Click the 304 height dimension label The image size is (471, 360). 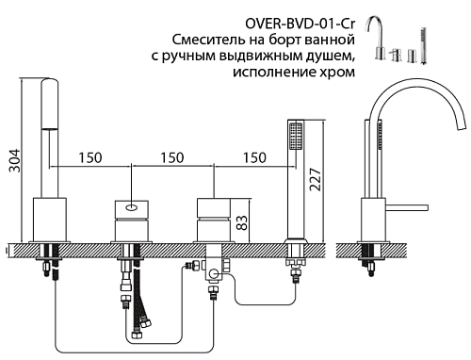(x=14, y=160)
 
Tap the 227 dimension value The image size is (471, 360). (x=316, y=180)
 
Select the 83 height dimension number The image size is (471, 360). (x=242, y=222)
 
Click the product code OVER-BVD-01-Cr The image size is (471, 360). (x=300, y=24)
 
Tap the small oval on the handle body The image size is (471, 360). (x=132, y=207)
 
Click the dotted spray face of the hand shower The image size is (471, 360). (x=296, y=137)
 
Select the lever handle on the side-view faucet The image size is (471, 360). (x=407, y=207)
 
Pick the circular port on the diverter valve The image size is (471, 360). (x=215, y=274)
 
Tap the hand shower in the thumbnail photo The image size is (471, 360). (x=423, y=46)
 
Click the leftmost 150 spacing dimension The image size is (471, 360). (x=90, y=157)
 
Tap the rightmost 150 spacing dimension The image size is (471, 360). (x=254, y=157)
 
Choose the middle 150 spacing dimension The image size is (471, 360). (x=172, y=157)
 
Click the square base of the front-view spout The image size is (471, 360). (x=50, y=220)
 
